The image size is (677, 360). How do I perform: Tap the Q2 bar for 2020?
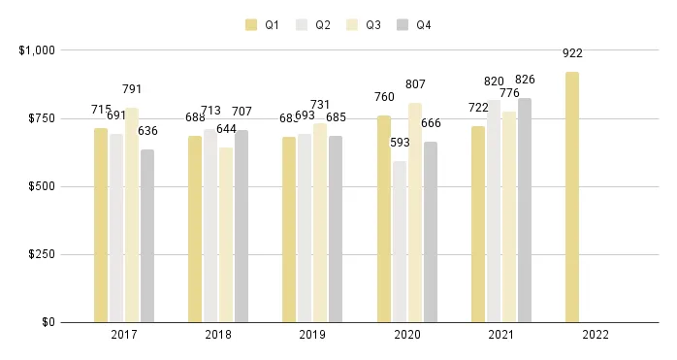(x=400, y=242)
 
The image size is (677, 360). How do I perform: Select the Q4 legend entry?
(x=414, y=25)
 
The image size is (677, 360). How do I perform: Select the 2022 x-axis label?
(x=596, y=335)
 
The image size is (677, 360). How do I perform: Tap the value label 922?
(x=572, y=53)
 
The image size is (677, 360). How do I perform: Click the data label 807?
(x=415, y=84)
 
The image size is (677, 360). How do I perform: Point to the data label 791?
(x=132, y=89)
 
